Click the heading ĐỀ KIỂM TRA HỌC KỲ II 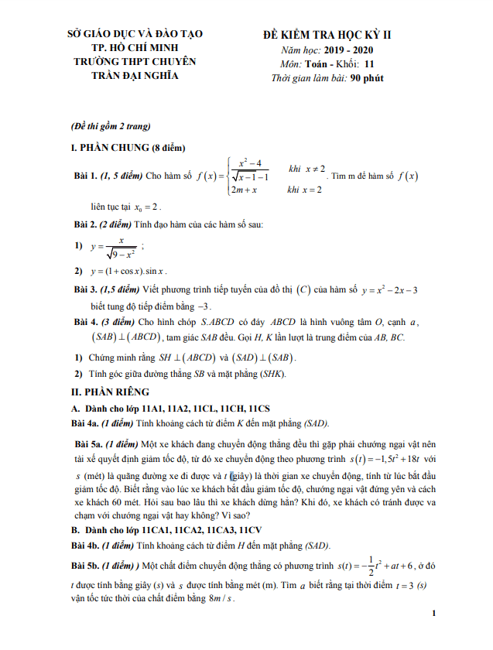coord(327,36)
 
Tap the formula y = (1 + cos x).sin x coord(128,272)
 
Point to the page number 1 coord(435,614)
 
